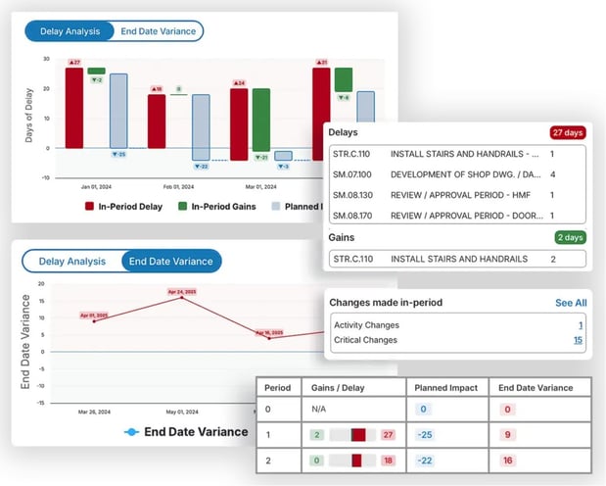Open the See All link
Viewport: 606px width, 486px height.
pos(571,303)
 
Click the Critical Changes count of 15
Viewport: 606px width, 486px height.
pos(578,340)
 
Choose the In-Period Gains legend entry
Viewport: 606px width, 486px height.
pos(216,207)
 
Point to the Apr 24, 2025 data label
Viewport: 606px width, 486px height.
pos(181,291)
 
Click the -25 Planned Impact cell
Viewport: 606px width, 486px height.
pos(426,434)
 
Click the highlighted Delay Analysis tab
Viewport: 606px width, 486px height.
pos(69,31)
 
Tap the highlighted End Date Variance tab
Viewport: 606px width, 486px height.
pos(171,261)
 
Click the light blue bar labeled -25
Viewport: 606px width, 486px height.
pos(118,110)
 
